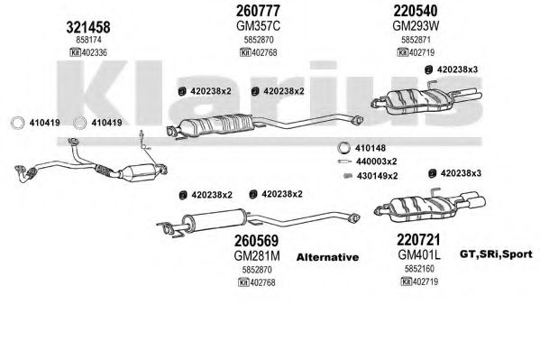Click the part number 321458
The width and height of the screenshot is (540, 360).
(x=88, y=27)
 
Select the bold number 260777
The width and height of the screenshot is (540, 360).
(x=258, y=11)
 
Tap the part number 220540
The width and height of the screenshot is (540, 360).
(x=416, y=11)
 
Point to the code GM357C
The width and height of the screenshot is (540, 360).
(x=259, y=26)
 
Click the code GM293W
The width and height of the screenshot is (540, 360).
(x=416, y=26)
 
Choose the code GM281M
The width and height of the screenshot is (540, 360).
(x=257, y=256)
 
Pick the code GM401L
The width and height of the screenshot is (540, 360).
(x=419, y=254)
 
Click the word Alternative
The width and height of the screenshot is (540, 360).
(x=327, y=257)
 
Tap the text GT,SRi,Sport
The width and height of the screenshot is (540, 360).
(x=496, y=254)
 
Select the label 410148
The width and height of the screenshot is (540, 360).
(x=371, y=148)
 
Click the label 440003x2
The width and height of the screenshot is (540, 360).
(x=377, y=162)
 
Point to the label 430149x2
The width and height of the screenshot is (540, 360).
(x=378, y=176)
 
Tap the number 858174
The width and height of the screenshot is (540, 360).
(x=88, y=40)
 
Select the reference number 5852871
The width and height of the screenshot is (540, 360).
(x=416, y=40)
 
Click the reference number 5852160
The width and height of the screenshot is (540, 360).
(x=419, y=268)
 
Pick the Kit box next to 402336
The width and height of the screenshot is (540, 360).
(x=75, y=52)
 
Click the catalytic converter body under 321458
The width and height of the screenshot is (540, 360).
(x=137, y=171)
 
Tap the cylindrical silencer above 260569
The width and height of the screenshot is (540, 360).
(x=214, y=220)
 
